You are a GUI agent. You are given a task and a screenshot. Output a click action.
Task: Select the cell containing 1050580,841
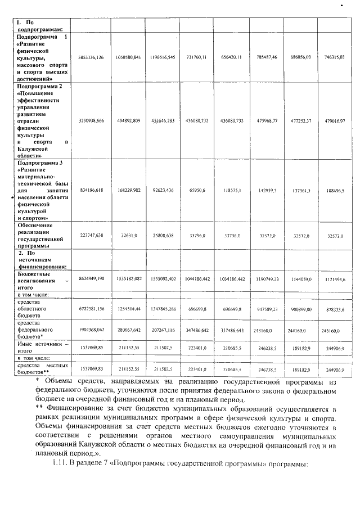[x=128, y=57]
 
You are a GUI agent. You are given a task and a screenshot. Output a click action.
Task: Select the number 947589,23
[x=265, y=308]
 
